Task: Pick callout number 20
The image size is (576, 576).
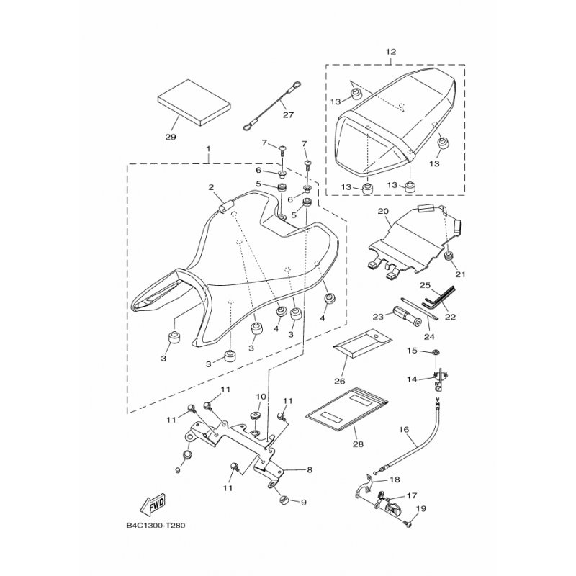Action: [383, 212]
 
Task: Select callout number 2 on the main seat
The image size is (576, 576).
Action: [212, 188]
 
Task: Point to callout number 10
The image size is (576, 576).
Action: [261, 397]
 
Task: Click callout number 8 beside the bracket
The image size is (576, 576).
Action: [309, 469]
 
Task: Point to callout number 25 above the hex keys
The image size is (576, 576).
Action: [405, 285]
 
